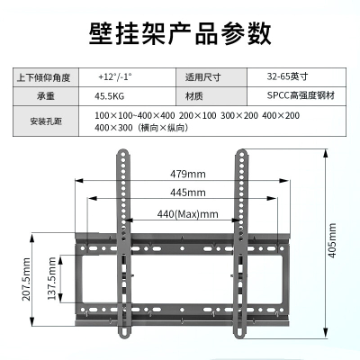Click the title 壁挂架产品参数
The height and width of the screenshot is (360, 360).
(180, 33)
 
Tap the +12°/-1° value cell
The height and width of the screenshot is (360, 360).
(115, 77)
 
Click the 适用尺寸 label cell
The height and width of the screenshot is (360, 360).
(202, 77)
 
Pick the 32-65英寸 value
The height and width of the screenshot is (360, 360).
(287, 76)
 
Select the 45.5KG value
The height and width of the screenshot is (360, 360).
(109, 96)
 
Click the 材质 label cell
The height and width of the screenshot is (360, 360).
(194, 96)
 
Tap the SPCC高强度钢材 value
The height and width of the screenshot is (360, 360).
(301, 95)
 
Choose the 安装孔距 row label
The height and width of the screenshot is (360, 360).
(46, 121)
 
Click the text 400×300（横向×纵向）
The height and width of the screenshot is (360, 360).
(141, 128)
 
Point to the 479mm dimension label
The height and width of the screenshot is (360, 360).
(188, 174)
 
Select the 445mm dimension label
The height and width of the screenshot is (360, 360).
(188, 193)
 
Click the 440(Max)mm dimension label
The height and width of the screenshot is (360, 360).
(188, 214)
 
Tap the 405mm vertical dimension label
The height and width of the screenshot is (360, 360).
(332, 240)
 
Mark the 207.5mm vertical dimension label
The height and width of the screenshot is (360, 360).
(26, 279)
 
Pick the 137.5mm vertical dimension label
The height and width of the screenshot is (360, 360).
(52, 278)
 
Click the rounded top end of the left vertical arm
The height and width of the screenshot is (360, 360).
(123, 153)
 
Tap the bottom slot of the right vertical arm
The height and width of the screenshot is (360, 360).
(239, 332)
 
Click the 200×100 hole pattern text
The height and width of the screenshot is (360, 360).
(197, 115)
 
